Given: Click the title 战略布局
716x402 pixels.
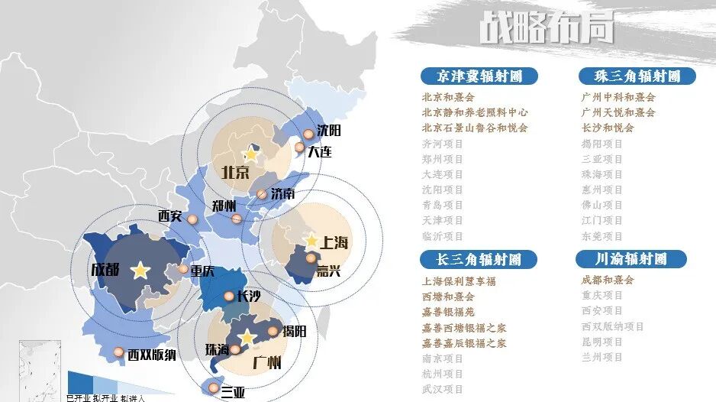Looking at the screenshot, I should coord(547,30).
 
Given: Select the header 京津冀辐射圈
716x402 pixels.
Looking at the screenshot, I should coord(479,76).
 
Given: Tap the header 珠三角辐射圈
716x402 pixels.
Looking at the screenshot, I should coord(637,76).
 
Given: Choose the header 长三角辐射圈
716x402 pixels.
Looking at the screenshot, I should coord(479,260).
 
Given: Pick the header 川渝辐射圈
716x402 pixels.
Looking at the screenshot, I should coord(631,260).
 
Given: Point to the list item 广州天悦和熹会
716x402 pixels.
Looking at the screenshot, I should coord(618,112).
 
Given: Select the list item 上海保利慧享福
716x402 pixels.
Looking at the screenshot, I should coord(459,280).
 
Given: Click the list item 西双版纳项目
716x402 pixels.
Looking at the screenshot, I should coord(613,326).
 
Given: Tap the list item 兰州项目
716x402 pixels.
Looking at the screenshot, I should coord(602,358).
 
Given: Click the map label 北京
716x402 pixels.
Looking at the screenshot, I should coord(236,172).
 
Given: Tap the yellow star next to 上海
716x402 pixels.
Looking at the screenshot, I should coord(311,241).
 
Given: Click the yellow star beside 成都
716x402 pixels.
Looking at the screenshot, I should coord(140,270).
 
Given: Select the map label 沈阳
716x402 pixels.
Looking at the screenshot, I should coord(329,131).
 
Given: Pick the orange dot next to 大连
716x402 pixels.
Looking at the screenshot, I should coord(300,148).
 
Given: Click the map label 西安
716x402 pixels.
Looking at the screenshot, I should coord(170,216).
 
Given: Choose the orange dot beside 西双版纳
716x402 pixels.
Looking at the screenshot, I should coord(118,352).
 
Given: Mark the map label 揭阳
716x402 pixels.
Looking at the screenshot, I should coord(294,332).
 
